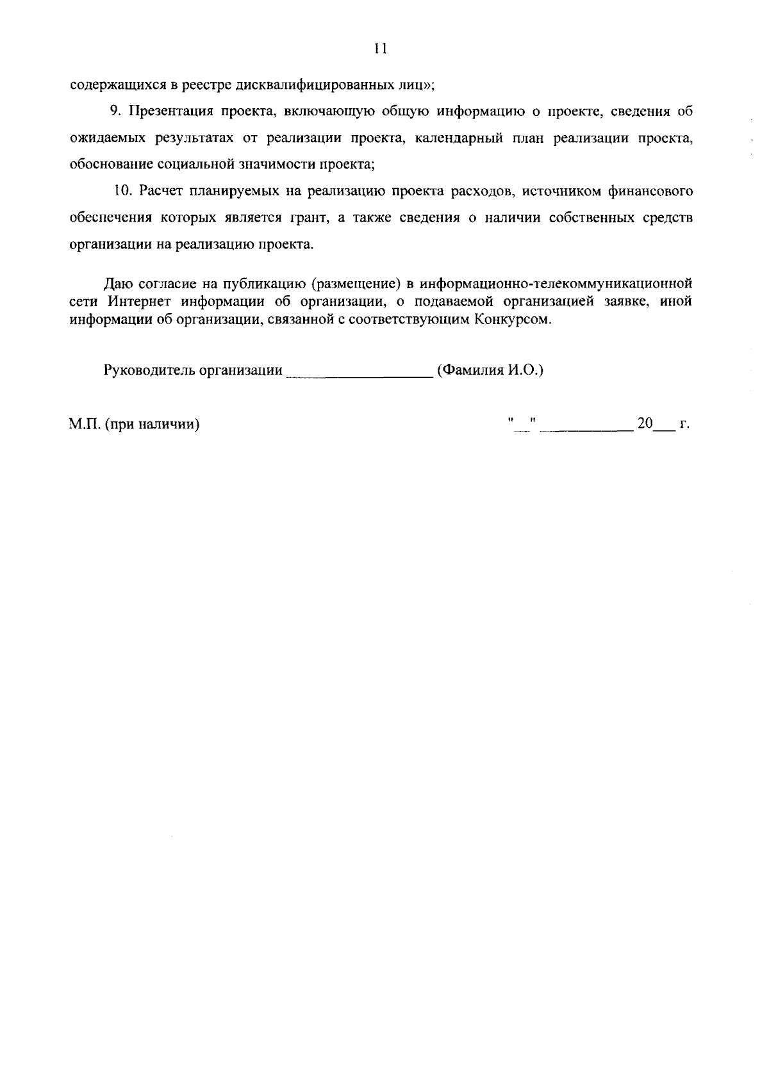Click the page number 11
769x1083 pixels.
click(x=380, y=49)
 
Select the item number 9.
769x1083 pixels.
click(x=115, y=111)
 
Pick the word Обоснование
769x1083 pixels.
click(x=111, y=164)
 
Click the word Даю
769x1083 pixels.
click(x=116, y=283)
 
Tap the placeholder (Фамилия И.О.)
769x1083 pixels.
click(x=490, y=370)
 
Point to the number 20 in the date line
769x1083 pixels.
click(x=644, y=423)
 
